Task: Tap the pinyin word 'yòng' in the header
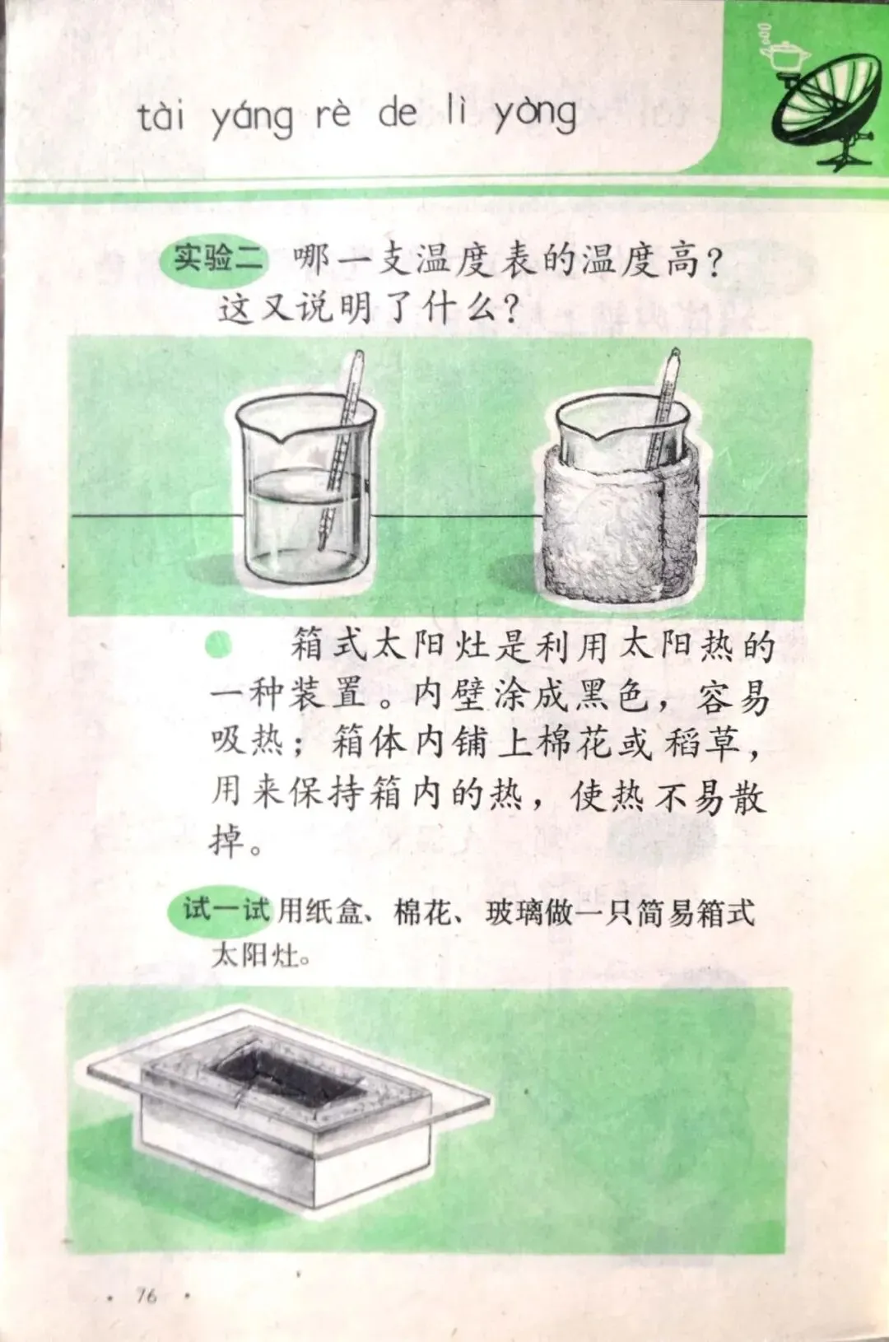tap(536, 117)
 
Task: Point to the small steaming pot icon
tap(782, 51)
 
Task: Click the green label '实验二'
tap(219, 262)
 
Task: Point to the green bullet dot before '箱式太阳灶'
tap(219, 645)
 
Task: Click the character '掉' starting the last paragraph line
tap(228, 839)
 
